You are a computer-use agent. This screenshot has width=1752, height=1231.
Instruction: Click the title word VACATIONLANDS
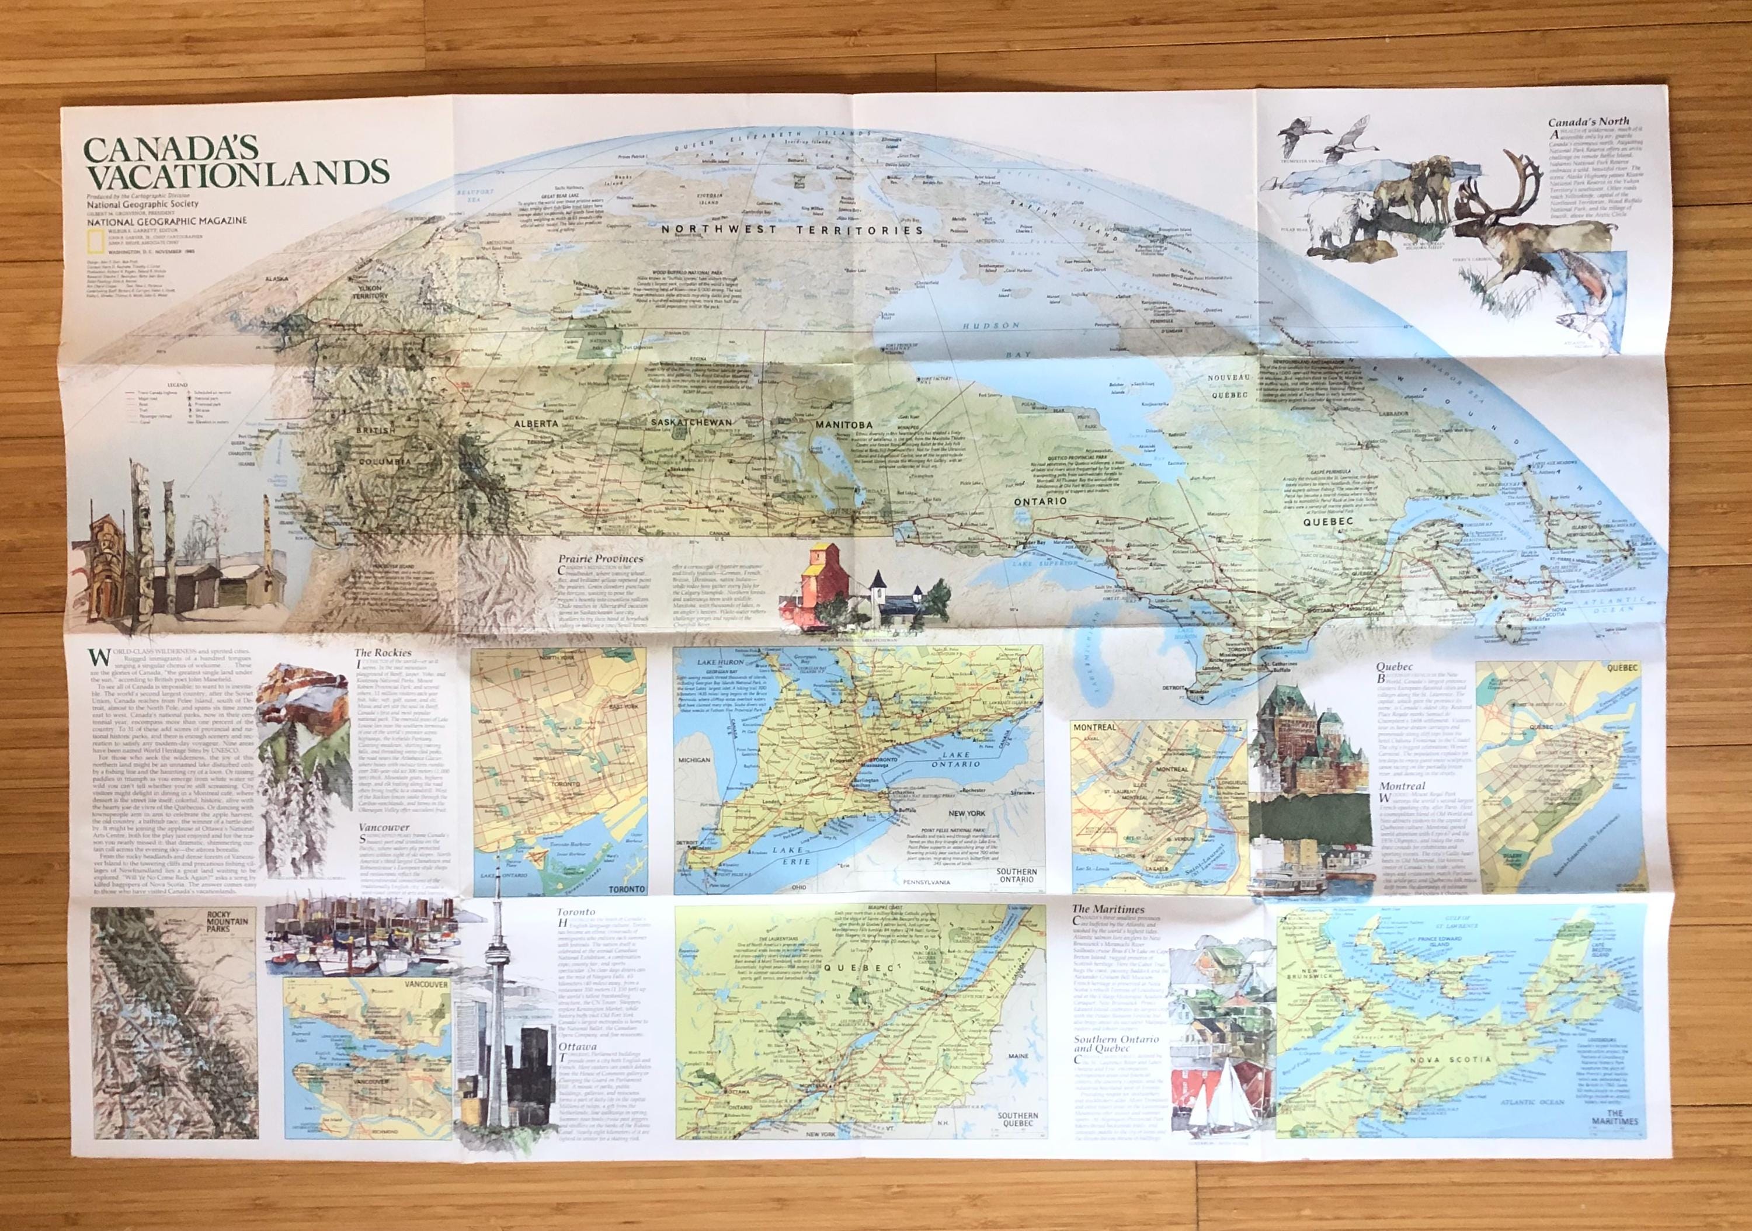[237, 174]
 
